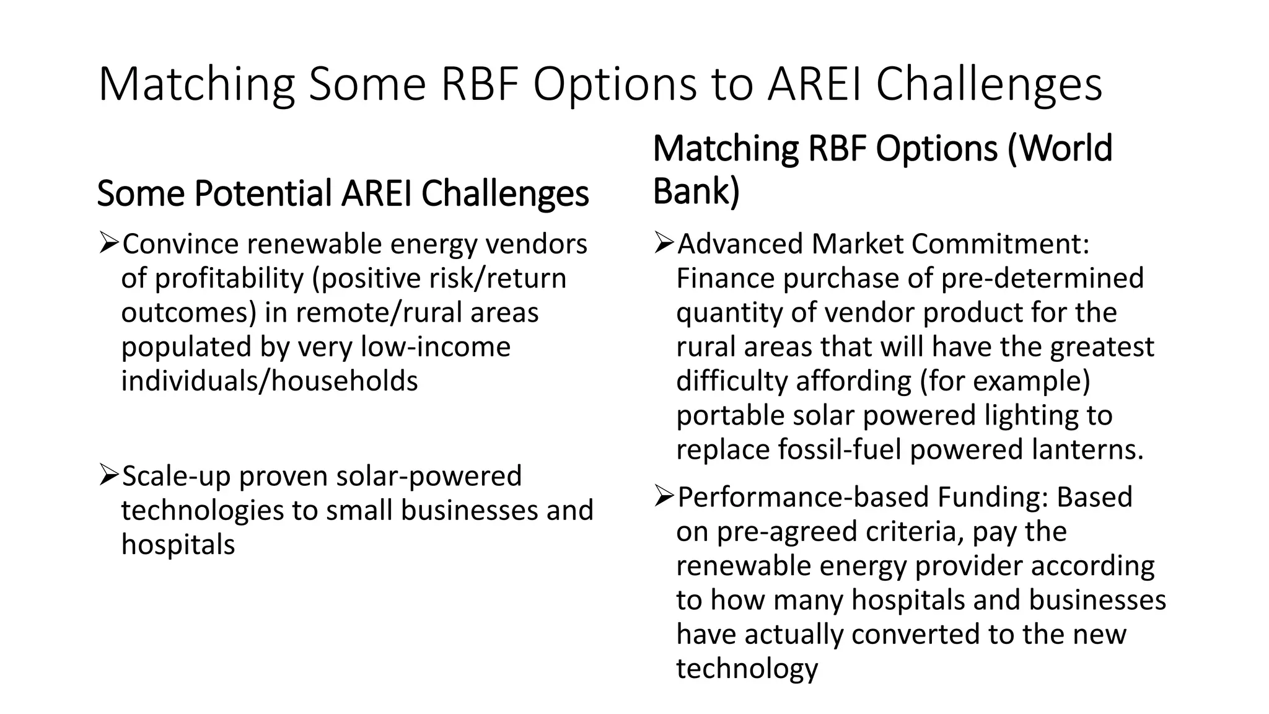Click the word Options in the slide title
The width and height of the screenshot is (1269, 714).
click(615, 84)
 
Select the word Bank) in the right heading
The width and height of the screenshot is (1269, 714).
click(696, 191)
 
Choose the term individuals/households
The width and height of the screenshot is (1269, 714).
click(270, 381)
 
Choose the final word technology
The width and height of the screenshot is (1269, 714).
click(747, 669)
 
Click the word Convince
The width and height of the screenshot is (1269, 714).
click(180, 244)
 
